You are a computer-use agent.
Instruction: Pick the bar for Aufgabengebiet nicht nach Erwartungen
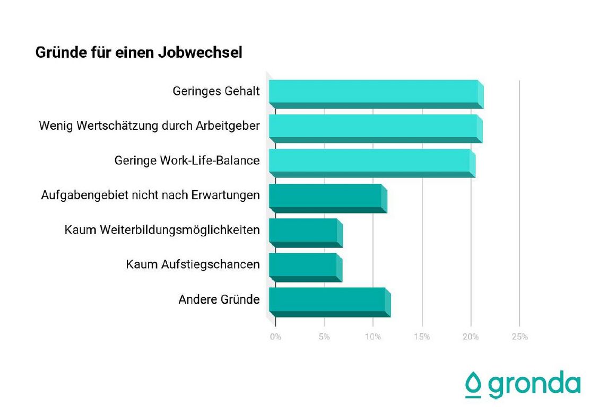point(326,196)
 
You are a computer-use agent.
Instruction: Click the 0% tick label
point(275,337)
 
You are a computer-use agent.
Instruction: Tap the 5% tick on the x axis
point(324,337)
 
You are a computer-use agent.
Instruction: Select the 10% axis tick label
point(373,337)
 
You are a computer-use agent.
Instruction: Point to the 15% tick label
point(422,337)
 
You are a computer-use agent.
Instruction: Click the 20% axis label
point(471,337)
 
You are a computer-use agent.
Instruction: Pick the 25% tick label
point(519,337)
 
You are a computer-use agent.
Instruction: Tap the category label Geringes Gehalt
point(216,91)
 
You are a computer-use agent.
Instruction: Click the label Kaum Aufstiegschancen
point(193,264)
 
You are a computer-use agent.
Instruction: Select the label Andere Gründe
point(219,299)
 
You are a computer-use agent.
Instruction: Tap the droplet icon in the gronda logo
point(473,384)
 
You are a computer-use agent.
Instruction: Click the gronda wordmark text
point(534,384)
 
